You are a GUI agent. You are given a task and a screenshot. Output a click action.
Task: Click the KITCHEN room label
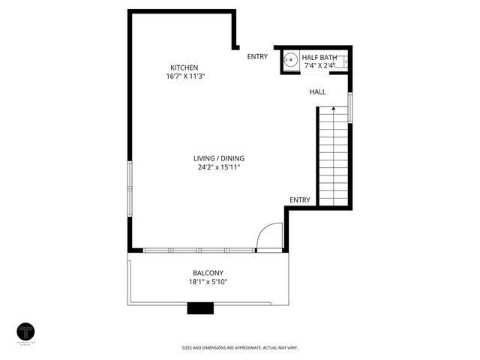point(184,67)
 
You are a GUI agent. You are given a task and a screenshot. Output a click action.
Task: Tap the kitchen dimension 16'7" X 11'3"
point(186,76)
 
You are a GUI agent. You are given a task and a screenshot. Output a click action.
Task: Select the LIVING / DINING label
point(219,158)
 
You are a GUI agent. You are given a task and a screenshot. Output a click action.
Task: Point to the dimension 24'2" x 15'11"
point(219,167)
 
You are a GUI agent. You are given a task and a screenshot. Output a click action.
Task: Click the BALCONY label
point(208,273)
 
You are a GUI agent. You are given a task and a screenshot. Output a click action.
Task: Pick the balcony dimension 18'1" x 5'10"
point(208,282)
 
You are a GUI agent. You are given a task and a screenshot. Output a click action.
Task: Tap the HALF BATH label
point(319,56)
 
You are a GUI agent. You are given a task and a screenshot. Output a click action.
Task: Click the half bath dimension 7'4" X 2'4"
point(319,65)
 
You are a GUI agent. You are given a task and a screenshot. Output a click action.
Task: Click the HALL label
point(318,92)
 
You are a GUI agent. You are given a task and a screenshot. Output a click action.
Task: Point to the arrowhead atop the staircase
point(333,109)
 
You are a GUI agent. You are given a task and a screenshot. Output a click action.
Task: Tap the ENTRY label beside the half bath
point(257,56)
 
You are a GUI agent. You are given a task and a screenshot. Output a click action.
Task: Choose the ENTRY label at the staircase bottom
point(300,199)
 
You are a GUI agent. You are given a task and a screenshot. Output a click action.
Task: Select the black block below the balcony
point(199,307)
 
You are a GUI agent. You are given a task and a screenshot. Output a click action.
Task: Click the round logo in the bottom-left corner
point(26,331)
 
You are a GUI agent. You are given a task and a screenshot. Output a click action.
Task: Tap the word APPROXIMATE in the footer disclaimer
point(256,347)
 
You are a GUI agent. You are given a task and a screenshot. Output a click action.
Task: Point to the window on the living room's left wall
point(129,188)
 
